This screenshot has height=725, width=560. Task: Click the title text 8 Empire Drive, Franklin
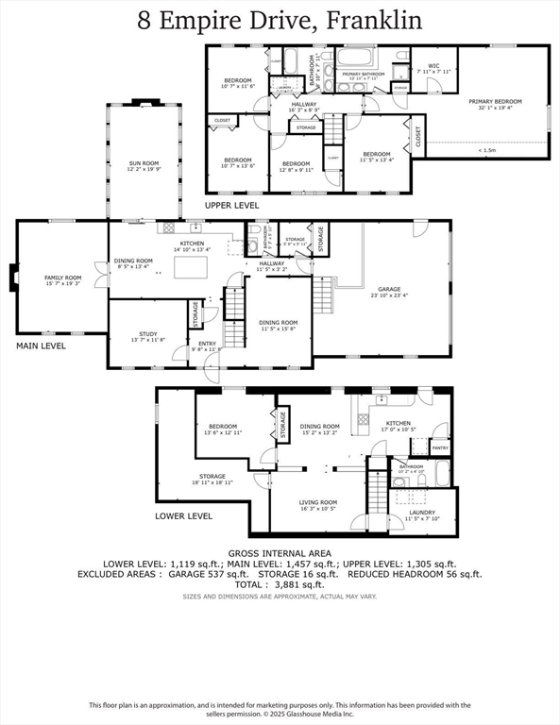[x=280, y=20]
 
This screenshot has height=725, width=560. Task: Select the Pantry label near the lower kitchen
[x=439, y=448]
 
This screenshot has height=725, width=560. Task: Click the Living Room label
[x=318, y=505]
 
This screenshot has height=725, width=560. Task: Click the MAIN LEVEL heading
[x=41, y=346]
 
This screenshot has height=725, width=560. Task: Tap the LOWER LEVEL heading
[x=183, y=516]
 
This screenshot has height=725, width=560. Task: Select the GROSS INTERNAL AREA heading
[x=280, y=552]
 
